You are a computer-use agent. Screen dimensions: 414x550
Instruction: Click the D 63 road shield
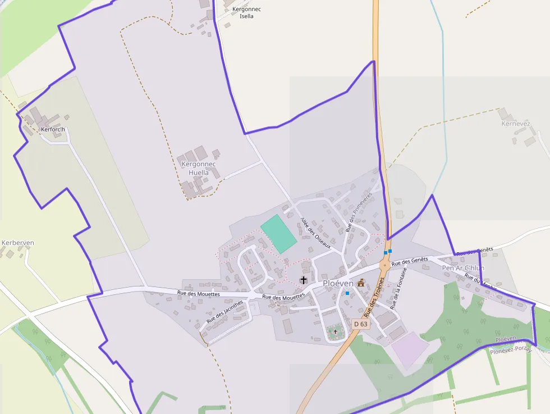pyautogui.click(x=361, y=324)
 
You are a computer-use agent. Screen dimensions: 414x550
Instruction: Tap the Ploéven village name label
pyautogui.click(x=337, y=284)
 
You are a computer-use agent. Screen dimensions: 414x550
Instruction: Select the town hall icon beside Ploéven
pyautogui.click(x=361, y=283)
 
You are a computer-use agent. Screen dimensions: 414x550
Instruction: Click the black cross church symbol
pyautogui.click(x=304, y=280)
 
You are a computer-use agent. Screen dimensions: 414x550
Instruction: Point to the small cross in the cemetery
pyautogui.click(x=336, y=332)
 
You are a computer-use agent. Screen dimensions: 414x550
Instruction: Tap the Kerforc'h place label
pyautogui.click(x=53, y=130)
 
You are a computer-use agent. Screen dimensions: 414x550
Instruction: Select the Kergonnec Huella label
pyautogui.click(x=195, y=169)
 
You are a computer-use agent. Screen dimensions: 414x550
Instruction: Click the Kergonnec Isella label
pyautogui.click(x=246, y=13)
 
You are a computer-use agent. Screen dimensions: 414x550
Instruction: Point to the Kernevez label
pyautogui.click(x=516, y=124)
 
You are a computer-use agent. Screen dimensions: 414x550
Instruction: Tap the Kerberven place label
pyautogui.click(x=18, y=243)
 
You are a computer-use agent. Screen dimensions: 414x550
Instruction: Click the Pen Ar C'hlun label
pyautogui.click(x=463, y=268)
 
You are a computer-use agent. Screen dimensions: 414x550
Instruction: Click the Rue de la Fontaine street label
pyautogui.click(x=398, y=289)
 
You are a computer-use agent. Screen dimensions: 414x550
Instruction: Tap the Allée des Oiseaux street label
pyautogui.click(x=315, y=234)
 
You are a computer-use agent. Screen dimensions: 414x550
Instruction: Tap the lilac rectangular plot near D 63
pyautogui.click(x=410, y=349)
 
